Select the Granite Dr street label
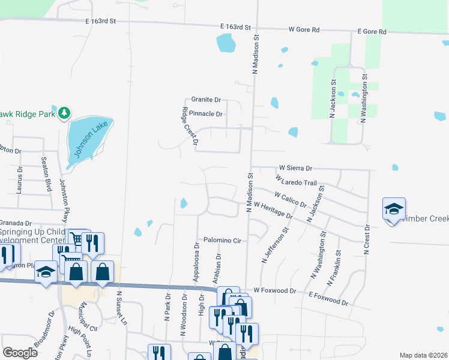pos(206,100)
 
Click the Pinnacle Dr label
pos(206,113)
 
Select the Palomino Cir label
pos(221,240)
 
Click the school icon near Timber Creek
pos(393,210)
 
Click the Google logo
pos(20,353)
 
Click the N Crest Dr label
pos(366,239)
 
